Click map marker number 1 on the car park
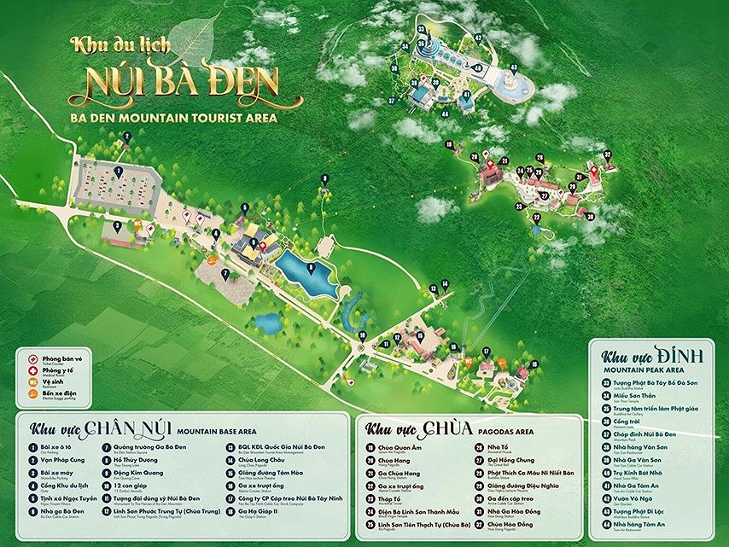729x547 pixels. [119, 172]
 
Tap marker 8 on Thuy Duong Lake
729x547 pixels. [311, 267]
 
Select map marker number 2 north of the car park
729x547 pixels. [126, 137]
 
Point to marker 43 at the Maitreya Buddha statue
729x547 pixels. [513, 67]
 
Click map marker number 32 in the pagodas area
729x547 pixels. [607, 154]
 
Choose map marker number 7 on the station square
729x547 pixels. [225, 274]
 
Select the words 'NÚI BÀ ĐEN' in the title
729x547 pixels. [185, 82]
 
